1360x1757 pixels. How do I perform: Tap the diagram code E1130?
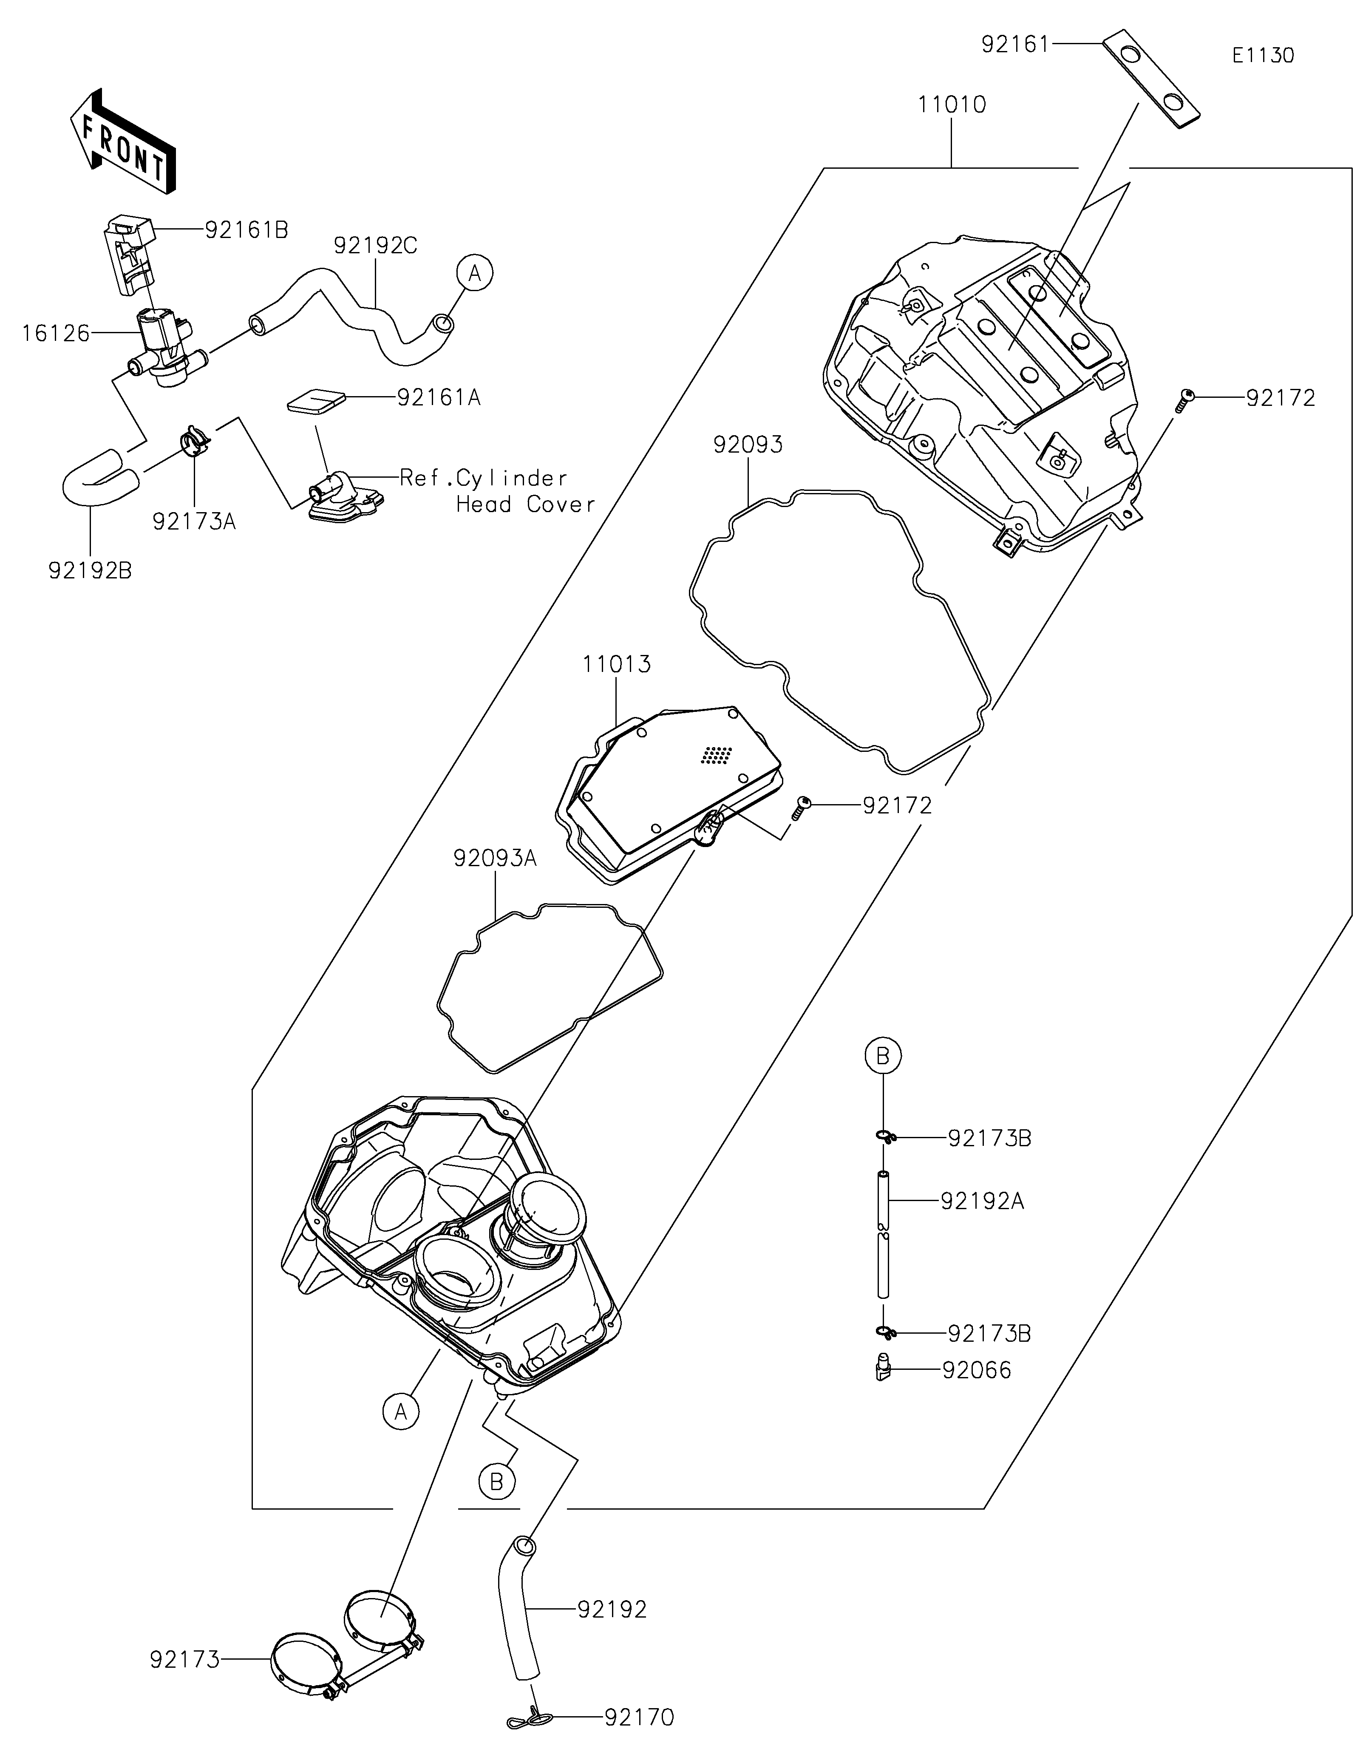(x=1263, y=56)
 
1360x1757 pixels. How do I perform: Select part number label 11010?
(x=952, y=105)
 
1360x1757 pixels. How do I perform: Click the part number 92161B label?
(x=246, y=230)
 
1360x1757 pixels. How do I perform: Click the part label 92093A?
(x=495, y=859)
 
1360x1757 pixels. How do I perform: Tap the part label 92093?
(x=747, y=445)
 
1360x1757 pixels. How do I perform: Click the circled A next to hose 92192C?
(x=474, y=274)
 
